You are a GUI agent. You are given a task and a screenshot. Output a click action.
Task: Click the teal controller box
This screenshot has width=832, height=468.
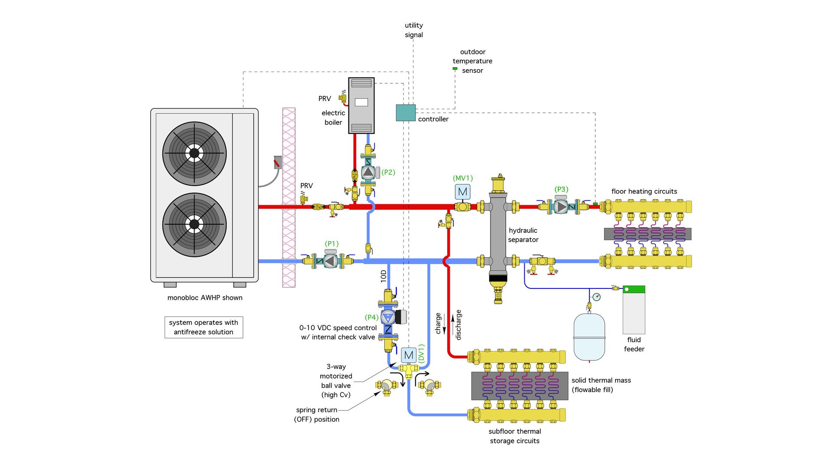pyautogui.click(x=406, y=113)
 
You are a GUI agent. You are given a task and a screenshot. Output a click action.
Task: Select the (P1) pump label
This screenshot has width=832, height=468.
pyautogui.click(x=332, y=244)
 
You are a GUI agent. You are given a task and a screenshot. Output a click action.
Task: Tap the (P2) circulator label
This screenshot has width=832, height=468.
pyautogui.click(x=388, y=172)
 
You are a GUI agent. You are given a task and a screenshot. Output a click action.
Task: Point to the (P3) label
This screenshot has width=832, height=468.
pyautogui.click(x=561, y=190)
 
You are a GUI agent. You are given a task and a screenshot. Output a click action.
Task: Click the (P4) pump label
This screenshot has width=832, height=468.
pyautogui.click(x=372, y=317)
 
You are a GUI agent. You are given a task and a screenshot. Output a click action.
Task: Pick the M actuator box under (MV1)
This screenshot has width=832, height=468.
pyautogui.click(x=462, y=192)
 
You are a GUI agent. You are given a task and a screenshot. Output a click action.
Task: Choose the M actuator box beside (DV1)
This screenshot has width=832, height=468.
pyautogui.click(x=408, y=355)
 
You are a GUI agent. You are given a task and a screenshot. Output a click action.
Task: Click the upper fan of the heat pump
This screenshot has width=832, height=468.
pyautogui.click(x=195, y=154)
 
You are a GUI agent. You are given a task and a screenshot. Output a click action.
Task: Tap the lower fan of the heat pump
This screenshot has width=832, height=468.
pyautogui.click(x=195, y=225)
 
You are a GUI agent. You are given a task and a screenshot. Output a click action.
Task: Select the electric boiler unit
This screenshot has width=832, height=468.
pyautogui.click(x=361, y=106)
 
